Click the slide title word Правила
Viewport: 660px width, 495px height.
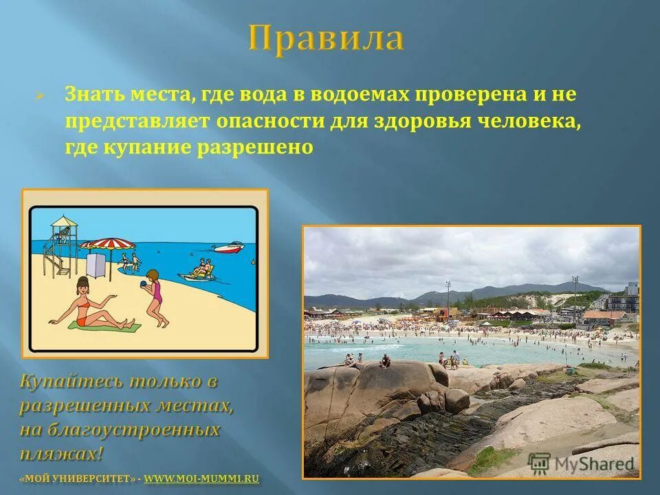326,38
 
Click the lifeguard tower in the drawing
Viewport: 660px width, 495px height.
60,244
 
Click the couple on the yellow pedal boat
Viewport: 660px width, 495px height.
201,269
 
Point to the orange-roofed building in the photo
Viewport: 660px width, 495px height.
603,316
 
